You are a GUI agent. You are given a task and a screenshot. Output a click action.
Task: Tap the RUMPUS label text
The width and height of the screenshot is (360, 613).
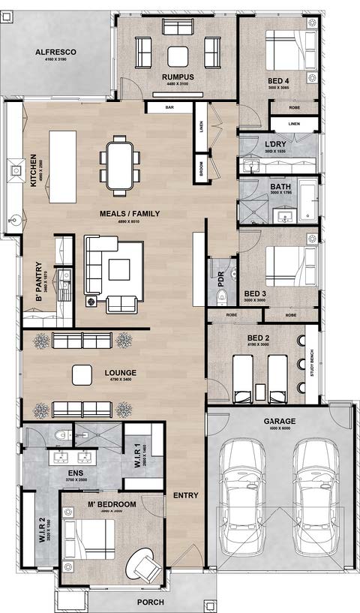click(x=178, y=77)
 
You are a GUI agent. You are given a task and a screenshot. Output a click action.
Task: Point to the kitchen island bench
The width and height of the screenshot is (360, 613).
click(x=63, y=166)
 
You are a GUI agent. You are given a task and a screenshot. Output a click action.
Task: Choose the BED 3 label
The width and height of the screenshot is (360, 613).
click(x=255, y=293)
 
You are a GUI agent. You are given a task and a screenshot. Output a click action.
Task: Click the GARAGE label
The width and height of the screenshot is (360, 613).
click(x=279, y=422)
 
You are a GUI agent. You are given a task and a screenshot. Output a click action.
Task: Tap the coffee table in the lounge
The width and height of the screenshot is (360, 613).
click(x=80, y=373)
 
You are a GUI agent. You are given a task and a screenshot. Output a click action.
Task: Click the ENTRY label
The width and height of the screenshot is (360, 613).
click(x=185, y=495)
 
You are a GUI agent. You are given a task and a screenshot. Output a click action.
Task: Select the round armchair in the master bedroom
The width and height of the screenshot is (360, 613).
click(x=144, y=564)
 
